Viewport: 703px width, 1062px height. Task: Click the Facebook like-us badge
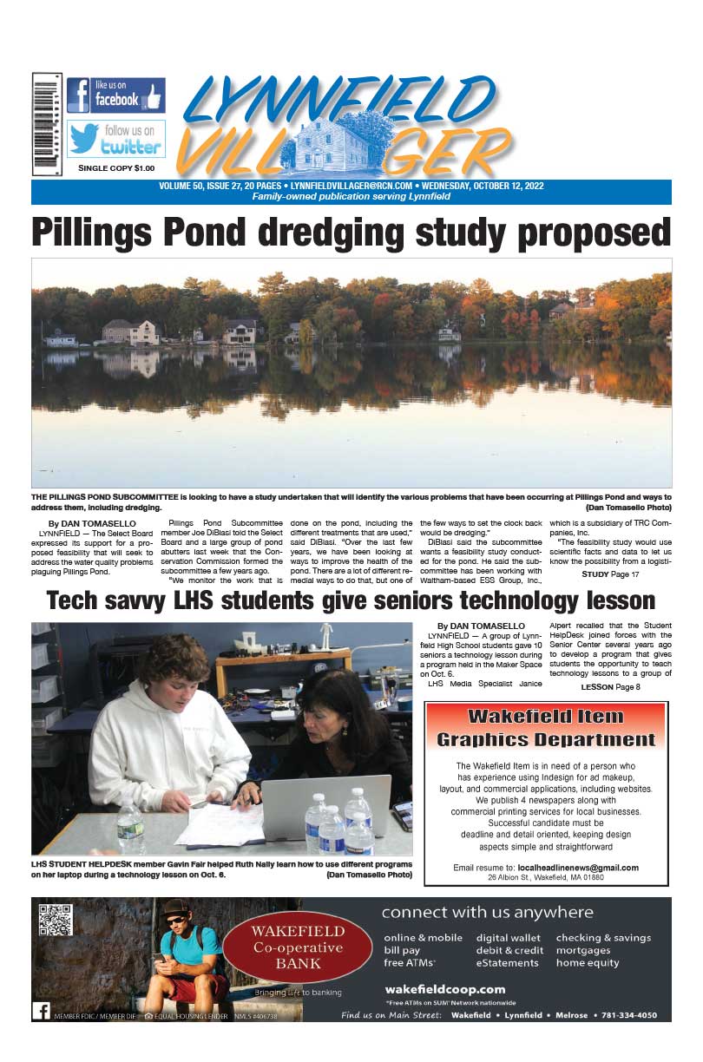[115, 95]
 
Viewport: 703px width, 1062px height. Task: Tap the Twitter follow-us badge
[115, 139]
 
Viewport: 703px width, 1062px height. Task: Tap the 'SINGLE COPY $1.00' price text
[116, 167]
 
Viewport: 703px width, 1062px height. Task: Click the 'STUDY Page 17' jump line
[610, 574]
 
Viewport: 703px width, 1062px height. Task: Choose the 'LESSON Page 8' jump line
[610, 687]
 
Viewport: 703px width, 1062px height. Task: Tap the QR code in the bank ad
[56, 920]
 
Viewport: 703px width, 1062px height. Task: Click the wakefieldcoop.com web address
[444, 989]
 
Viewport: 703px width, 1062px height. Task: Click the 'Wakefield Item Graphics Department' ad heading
[546, 728]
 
